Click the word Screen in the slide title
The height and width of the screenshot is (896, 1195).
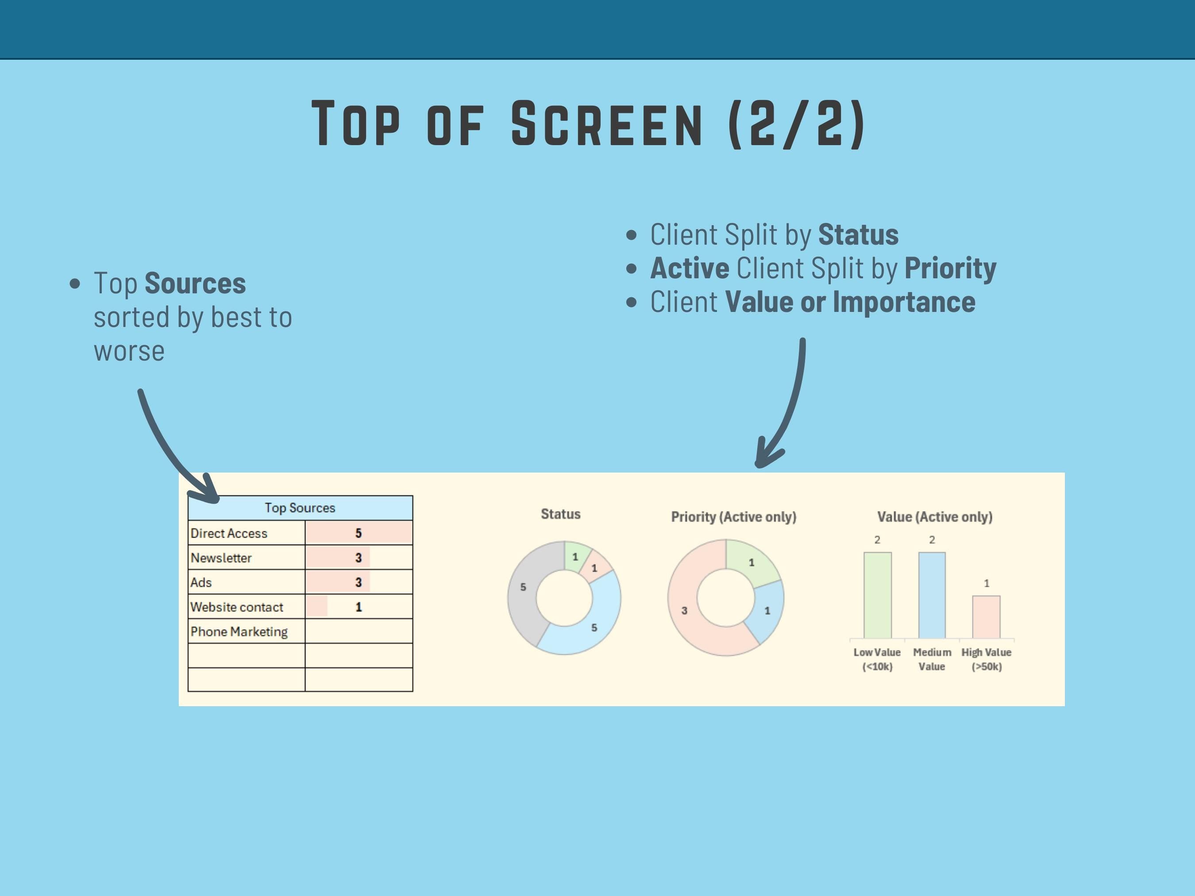(607, 124)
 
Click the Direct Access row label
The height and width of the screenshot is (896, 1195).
(229, 533)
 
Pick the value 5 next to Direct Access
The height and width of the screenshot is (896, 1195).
(358, 533)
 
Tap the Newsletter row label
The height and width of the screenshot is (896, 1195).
(221, 558)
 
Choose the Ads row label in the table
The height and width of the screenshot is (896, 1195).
(201, 582)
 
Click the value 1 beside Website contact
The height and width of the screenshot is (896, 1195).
(358, 607)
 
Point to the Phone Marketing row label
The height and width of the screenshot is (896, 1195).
(239, 631)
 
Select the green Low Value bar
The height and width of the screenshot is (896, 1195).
(877, 595)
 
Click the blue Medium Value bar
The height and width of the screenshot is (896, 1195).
(932, 595)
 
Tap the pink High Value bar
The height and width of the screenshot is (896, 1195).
(987, 617)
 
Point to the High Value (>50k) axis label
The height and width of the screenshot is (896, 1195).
(987, 659)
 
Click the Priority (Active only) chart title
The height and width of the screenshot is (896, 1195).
(734, 517)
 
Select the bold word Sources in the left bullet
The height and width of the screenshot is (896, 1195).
(195, 284)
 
